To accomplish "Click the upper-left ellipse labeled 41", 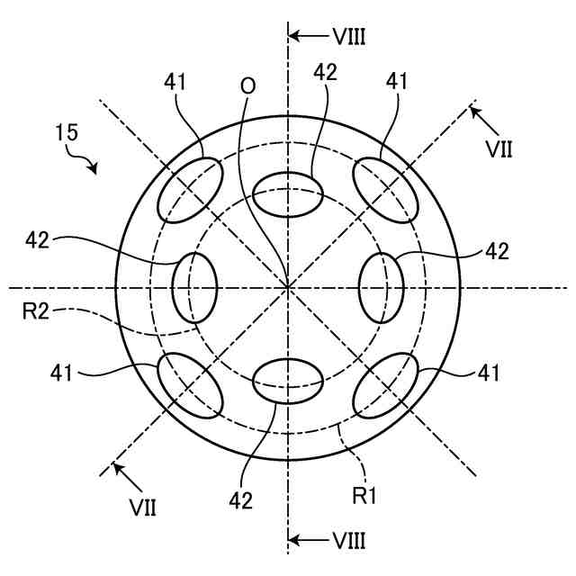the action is click(190, 188).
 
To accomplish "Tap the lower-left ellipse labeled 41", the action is click(190, 385).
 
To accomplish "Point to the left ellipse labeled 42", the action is click(194, 287).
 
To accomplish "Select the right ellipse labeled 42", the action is click(382, 287).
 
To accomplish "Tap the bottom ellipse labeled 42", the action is click(288, 381).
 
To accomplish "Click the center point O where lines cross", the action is click(288, 287).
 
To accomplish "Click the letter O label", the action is click(247, 85).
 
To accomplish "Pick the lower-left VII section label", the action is click(141, 508).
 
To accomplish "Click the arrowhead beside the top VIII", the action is click(294, 37).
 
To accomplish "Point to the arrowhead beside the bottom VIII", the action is click(294, 541).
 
